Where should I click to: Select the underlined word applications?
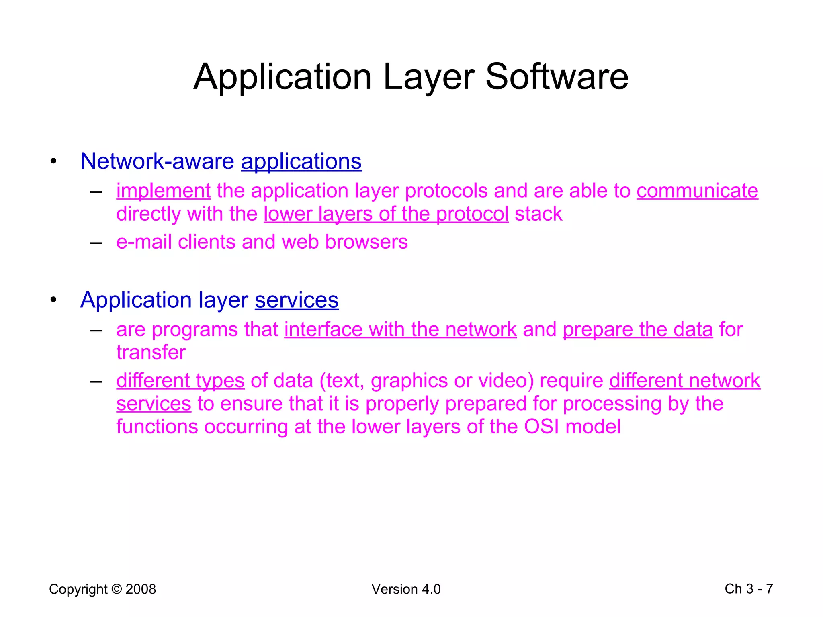coord(301,161)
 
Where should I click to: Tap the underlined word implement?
coord(163,191)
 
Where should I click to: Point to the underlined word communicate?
coord(697,191)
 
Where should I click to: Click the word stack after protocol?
coord(538,214)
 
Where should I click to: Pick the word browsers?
coord(366,242)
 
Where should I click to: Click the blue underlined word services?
coord(297,300)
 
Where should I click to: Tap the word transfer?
coord(151,353)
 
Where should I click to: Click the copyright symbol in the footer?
coord(117,589)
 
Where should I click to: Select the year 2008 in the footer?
coord(141,589)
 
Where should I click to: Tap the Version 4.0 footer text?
coord(406,589)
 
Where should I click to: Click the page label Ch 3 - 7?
coord(749,589)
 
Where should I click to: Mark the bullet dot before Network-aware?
coord(53,161)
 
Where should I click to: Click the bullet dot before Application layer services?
coord(53,300)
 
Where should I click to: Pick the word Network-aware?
coord(157,161)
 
